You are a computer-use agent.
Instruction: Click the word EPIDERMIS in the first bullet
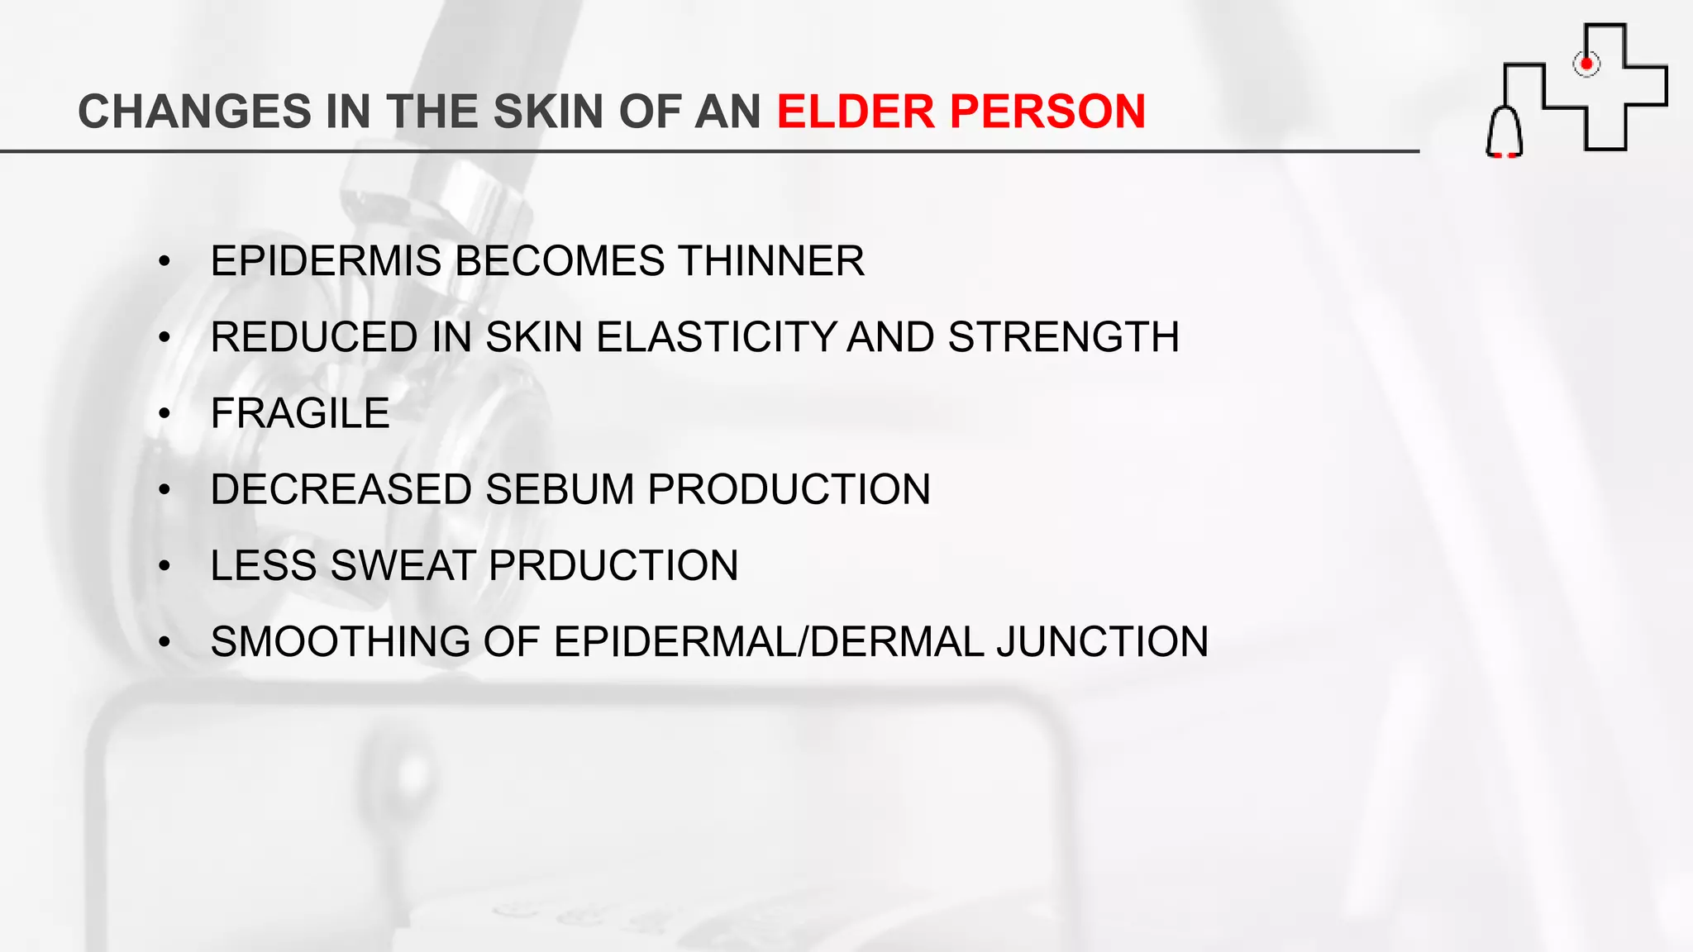pos(326,261)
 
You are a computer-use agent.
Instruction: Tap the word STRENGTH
pos(1063,337)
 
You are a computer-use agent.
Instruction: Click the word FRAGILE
pos(299,413)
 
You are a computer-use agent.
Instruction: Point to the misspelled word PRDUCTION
pos(613,566)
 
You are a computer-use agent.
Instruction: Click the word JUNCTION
pos(1103,642)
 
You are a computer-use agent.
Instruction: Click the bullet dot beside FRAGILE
pos(165,413)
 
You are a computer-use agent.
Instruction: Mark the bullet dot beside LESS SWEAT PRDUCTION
pos(165,566)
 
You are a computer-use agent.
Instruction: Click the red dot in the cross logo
pos(1586,64)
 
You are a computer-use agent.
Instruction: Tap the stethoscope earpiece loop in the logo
pos(1504,132)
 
